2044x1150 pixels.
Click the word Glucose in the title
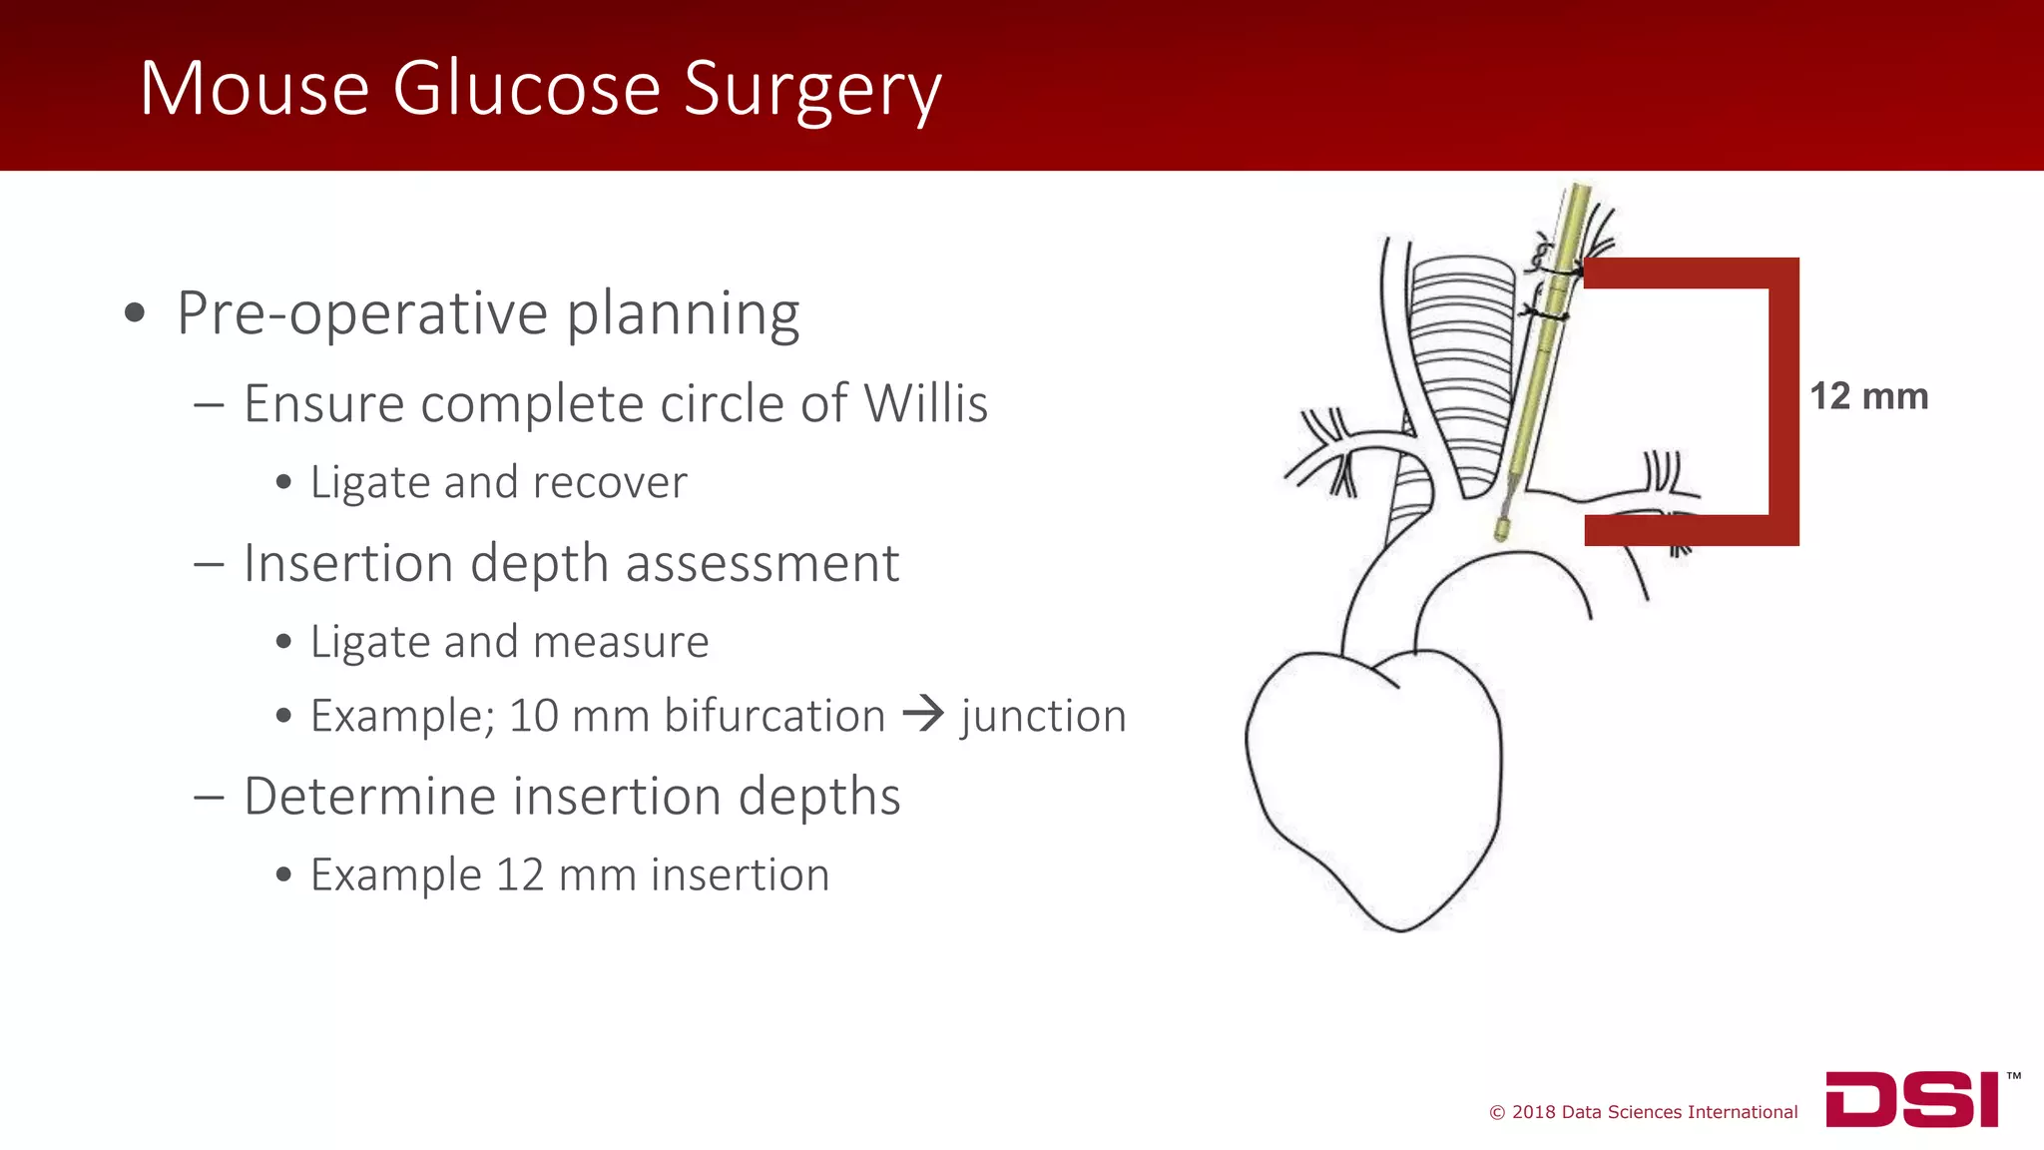click(x=526, y=88)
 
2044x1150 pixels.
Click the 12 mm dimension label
click(x=1868, y=396)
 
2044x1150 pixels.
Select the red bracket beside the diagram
click(x=1783, y=399)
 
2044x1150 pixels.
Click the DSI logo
click(x=1912, y=1099)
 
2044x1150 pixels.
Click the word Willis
click(x=925, y=403)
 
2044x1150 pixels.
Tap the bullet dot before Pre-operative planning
click(x=135, y=313)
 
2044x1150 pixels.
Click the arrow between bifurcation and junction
click(x=922, y=713)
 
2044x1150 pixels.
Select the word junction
click(x=1043, y=716)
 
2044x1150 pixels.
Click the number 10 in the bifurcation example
click(x=533, y=716)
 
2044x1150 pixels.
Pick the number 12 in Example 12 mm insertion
click(x=519, y=874)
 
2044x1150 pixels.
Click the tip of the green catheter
click(x=1501, y=528)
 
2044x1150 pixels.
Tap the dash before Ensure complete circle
click(x=209, y=404)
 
